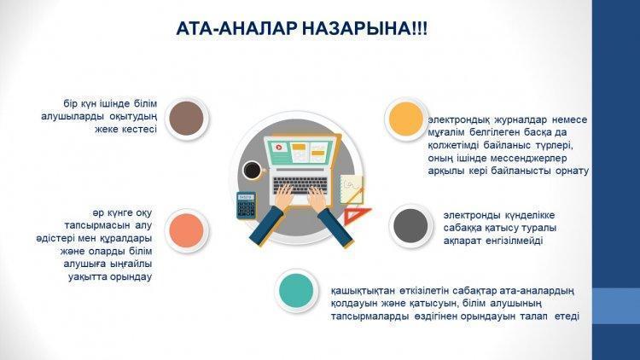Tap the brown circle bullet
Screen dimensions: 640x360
pos(187,119)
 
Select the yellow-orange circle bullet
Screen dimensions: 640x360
pos(406,119)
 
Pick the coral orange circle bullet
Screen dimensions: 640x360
pos(187,230)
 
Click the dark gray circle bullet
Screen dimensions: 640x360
pos(410,226)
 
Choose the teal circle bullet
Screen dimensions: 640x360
pos(296,291)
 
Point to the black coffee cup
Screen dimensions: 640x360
pos(253,171)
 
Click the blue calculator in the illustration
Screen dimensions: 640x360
pos(246,206)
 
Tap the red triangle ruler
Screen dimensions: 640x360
pos(356,217)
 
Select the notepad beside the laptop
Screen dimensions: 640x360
pos(352,189)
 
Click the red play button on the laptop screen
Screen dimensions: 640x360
pos(279,148)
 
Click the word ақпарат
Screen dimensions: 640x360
pos(462,241)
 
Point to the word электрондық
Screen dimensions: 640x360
pos(459,120)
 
